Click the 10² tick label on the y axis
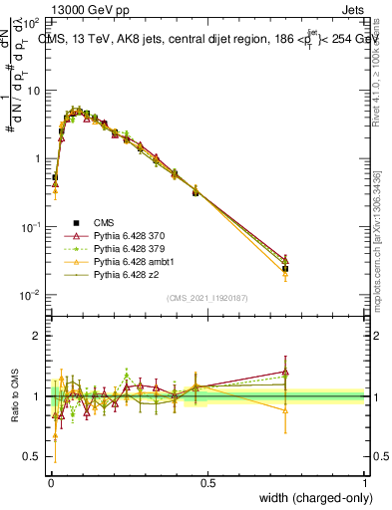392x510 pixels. (31, 22)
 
